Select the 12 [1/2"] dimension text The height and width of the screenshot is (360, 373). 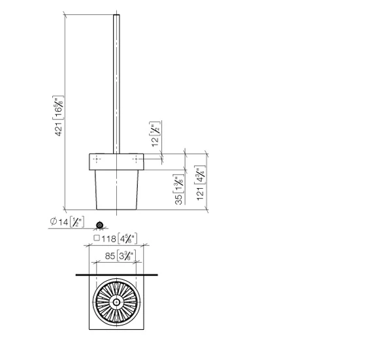click(x=155, y=134)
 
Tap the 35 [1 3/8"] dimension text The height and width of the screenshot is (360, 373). click(x=178, y=189)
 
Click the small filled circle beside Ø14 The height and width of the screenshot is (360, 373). click(x=99, y=225)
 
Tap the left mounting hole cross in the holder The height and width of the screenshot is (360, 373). click(x=97, y=159)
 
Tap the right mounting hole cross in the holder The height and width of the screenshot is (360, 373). click(x=136, y=159)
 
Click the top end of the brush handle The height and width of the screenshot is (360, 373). click(x=116, y=14)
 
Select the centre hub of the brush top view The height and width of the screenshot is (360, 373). click(x=116, y=302)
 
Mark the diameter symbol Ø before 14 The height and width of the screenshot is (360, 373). click(x=52, y=223)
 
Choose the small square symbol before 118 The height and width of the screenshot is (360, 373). click(x=96, y=239)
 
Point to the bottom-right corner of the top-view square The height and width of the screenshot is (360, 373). click(x=144, y=330)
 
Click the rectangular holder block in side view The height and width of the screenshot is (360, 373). click(x=116, y=160)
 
